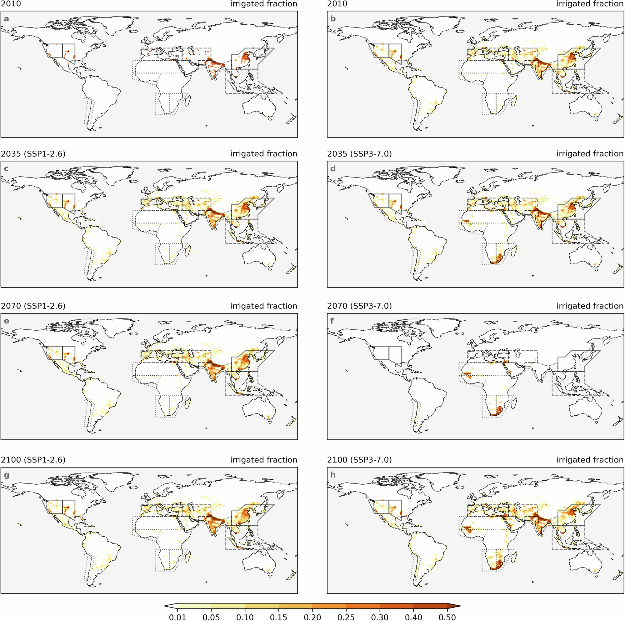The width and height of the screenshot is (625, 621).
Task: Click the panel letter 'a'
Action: (x=6, y=19)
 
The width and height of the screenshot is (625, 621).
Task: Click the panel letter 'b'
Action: (x=333, y=19)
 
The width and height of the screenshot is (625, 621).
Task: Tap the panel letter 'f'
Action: (x=332, y=321)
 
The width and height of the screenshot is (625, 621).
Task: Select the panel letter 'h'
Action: (x=333, y=475)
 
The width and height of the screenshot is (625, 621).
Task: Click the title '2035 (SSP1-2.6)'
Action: (x=33, y=154)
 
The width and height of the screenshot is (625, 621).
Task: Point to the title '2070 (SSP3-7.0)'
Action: (x=359, y=306)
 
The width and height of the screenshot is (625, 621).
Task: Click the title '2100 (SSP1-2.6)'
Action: (x=33, y=460)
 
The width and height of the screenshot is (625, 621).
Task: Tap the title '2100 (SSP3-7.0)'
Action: (x=359, y=460)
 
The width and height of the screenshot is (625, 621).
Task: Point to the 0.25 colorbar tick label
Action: (x=346, y=617)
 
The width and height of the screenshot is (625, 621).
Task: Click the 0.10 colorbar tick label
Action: (x=245, y=617)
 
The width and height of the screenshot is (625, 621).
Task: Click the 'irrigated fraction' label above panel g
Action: (x=263, y=460)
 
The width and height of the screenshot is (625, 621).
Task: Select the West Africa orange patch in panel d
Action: (x=466, y=221)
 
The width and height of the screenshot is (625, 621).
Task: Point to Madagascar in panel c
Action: (x=187, y=250)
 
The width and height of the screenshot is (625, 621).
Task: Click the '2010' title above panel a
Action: (x=11, y=4)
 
